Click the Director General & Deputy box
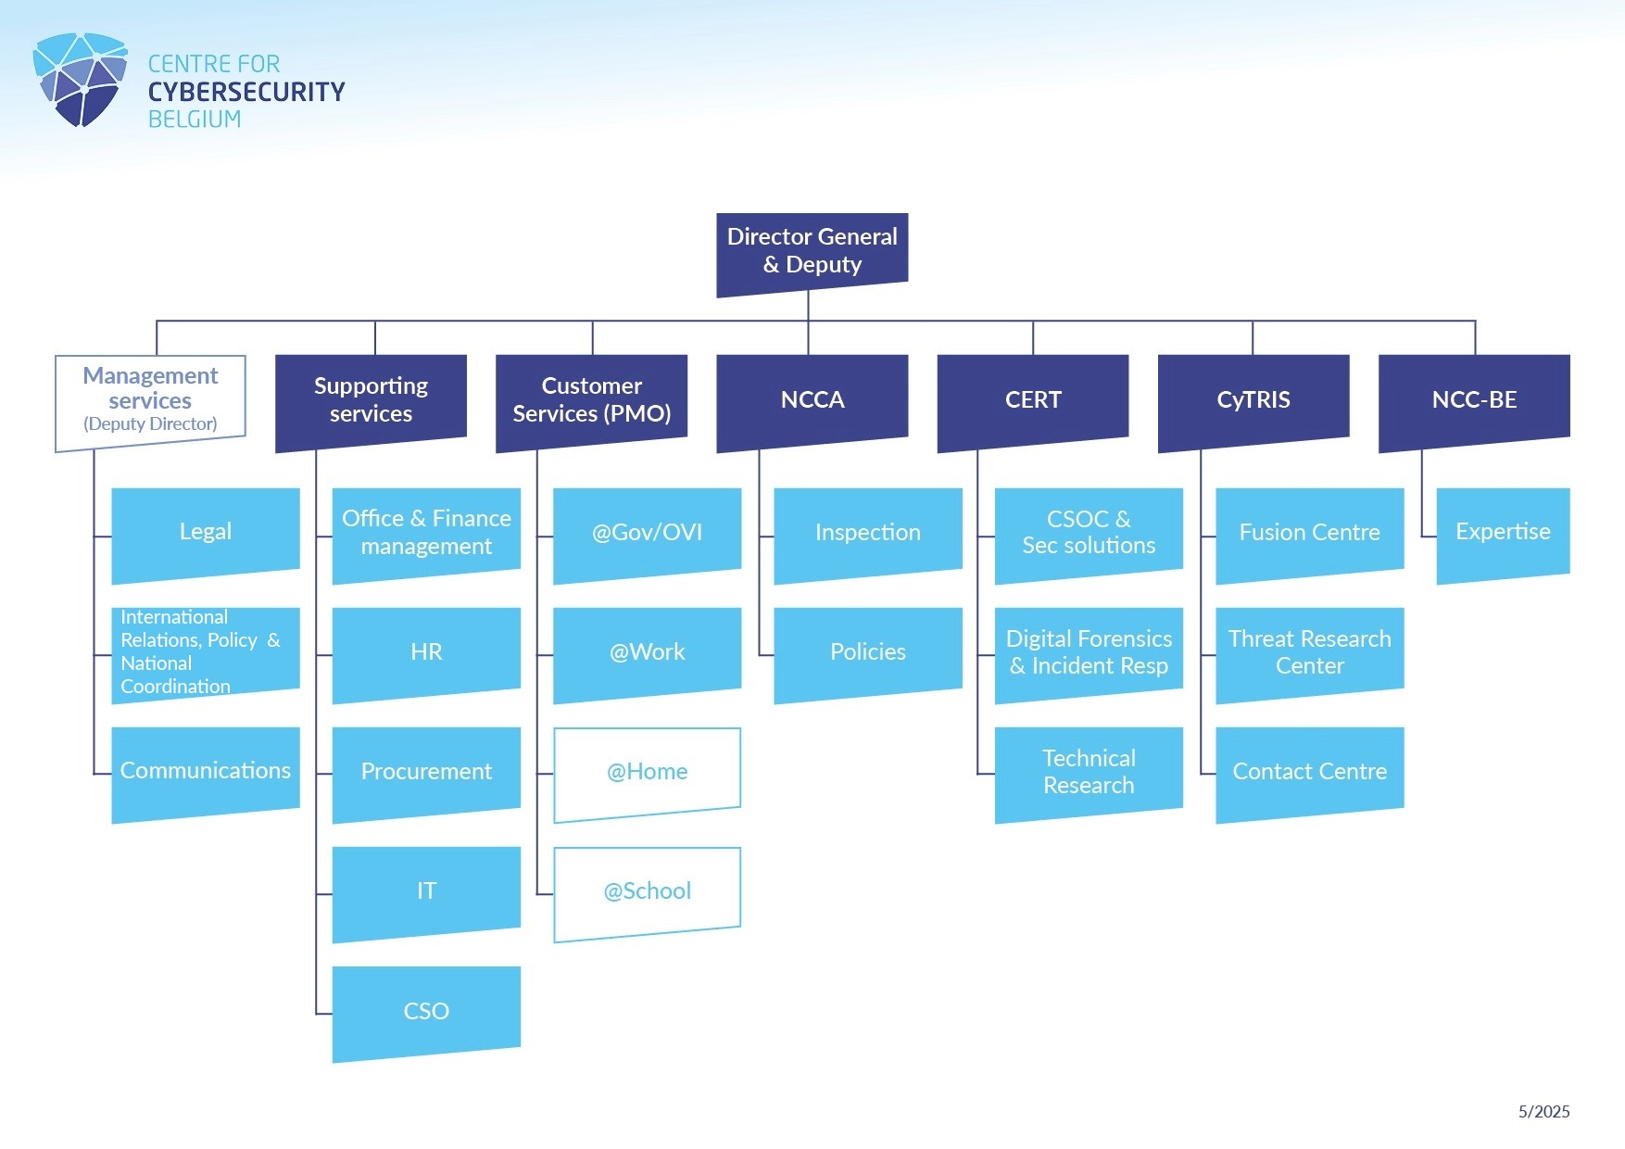click(x=812, y=251)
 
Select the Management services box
click(x=150, y=400)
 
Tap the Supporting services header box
click(x=371, y=399)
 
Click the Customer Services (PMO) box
click(x=591, y=399)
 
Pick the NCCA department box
click(x=812, y=399)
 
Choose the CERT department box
click(x=1033, y=399)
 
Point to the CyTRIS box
click(x=1253, y=399)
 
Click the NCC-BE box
click(x=1474, y=399)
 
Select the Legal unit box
click(x=206, y=532)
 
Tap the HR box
click(x=426, y=651)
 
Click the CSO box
click(x=426, y=1011)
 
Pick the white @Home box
click(x=648, y=772)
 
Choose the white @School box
click(x=648, y=891)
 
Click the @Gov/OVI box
click(x=648, y=532)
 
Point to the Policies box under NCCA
click(x=868, y=651)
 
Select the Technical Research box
click(x=1089, y=772)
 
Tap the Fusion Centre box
click(x=1309, y=532)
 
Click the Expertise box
click(x=1503, y=532)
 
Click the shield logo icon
click(x=81, y=80)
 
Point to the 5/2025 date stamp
click(x=1543, y=1112)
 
